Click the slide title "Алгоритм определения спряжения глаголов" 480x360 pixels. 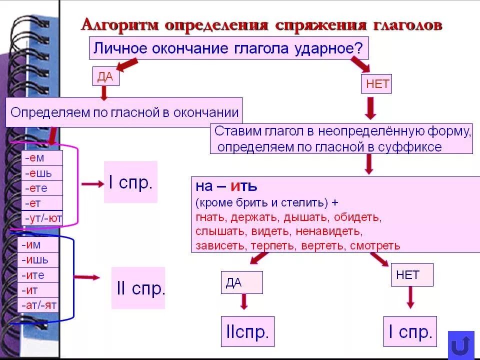click(261, 25)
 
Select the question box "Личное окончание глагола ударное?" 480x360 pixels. click(229, 49)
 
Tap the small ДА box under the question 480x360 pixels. click(105, 76)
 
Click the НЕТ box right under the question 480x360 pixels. click(376, 84)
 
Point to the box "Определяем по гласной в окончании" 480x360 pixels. click(124, 112)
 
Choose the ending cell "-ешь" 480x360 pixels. click(42, 173)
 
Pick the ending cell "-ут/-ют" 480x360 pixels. click(42, 218)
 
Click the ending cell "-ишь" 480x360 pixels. click(39, 260)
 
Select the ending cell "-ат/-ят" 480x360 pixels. click(39, 304)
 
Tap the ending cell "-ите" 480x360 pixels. click(39, 275)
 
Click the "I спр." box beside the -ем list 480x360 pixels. click(130, 182)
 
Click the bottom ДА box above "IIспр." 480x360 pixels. click(241, 282)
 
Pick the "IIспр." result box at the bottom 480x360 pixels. click(247, 331)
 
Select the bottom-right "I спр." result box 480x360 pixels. click(410, 331)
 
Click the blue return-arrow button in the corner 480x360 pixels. click(460, 345)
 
